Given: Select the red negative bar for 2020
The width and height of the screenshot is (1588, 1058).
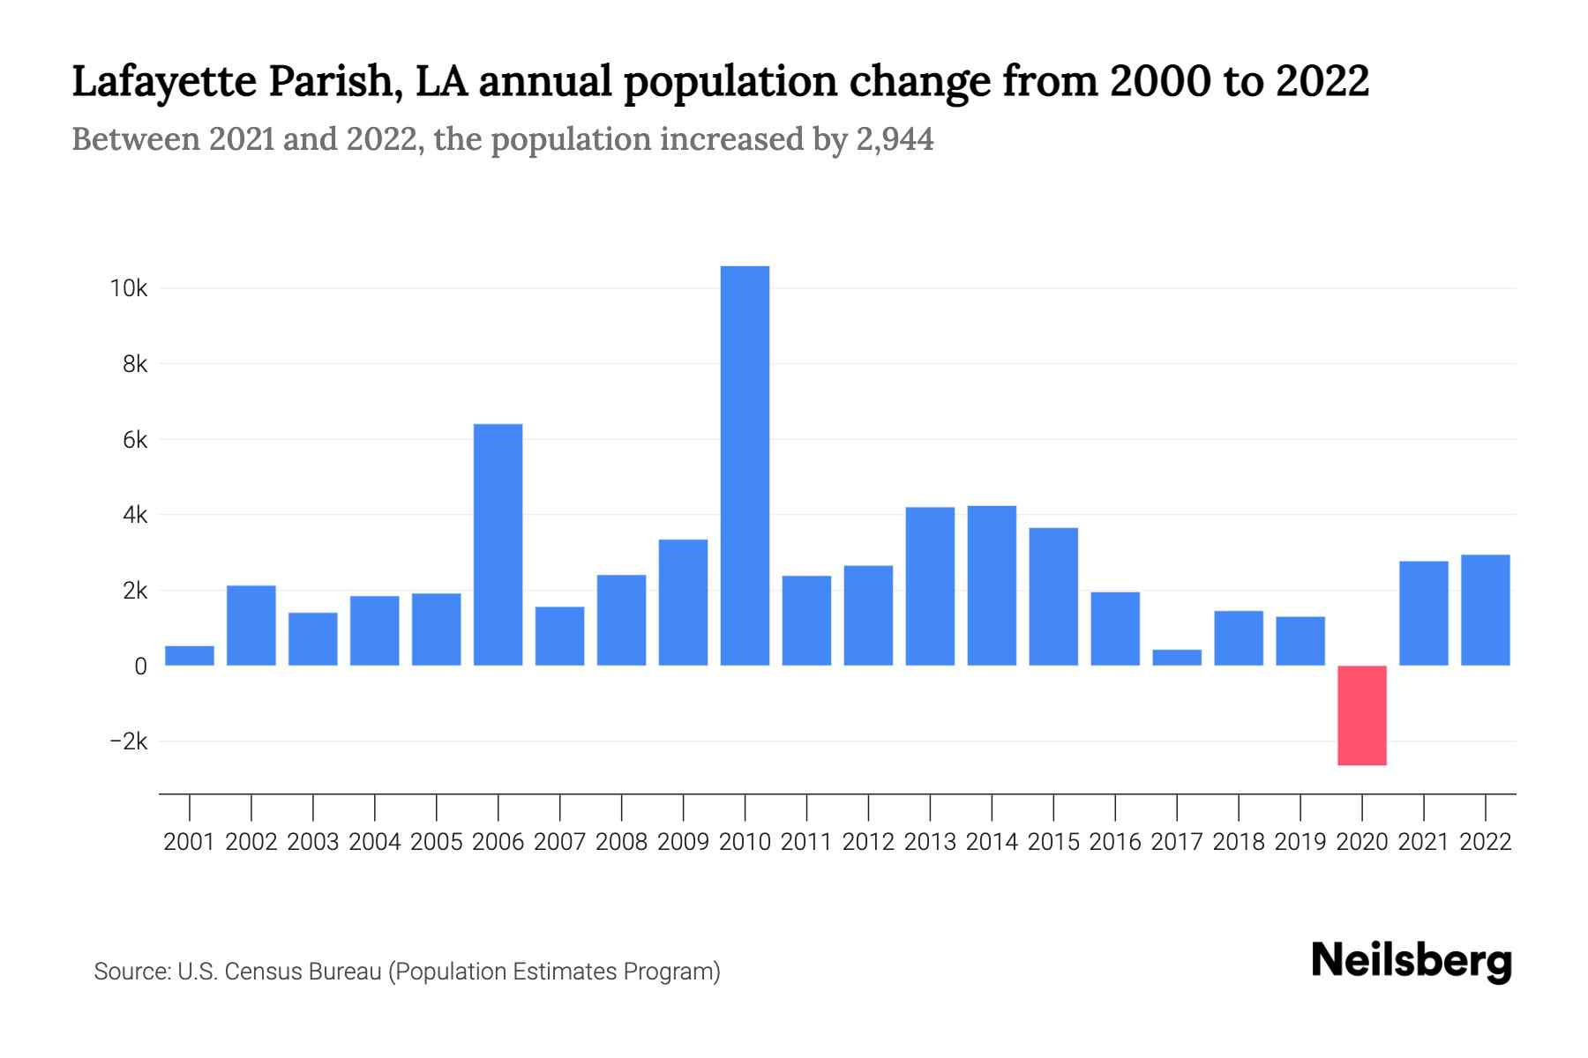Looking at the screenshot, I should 1361,715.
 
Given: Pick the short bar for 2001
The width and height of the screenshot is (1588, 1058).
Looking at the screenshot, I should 190,655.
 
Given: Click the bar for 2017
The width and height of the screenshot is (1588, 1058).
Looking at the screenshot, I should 1176,657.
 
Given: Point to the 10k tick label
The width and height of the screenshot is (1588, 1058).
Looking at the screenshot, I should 128,288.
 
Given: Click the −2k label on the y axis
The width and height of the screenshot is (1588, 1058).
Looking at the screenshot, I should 128,741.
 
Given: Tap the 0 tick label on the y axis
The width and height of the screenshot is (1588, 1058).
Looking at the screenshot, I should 140,667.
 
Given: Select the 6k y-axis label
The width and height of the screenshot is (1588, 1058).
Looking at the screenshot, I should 135,440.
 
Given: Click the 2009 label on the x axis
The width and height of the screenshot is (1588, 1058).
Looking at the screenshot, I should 683,842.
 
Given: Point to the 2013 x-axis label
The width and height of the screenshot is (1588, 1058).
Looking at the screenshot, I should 930,842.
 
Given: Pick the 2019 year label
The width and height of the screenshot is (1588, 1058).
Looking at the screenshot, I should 1300,842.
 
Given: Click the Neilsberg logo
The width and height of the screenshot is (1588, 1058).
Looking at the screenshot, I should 1412,963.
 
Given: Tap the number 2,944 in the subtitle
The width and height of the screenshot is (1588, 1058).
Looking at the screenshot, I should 895,139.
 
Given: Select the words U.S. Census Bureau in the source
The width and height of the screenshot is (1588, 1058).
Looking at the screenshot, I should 280,972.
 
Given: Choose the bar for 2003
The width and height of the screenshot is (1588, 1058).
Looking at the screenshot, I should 313,638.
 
